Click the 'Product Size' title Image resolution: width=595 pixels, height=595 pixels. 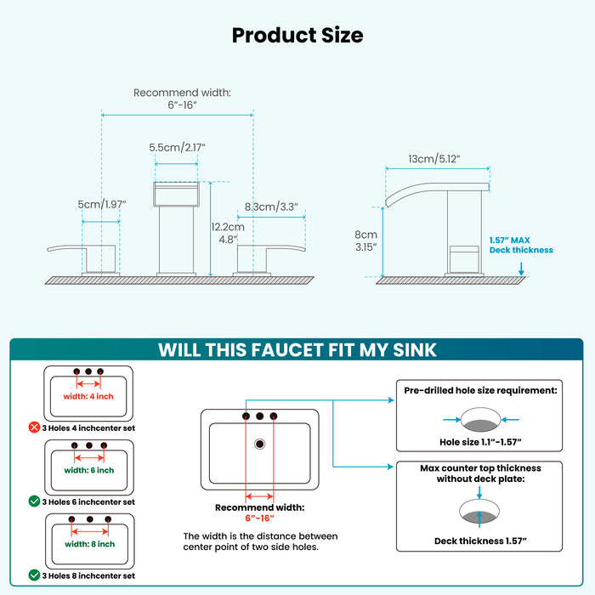pyautogui.click(x=297, y=35)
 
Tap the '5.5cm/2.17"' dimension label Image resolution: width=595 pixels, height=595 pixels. pyautogui.click(x=177, y=147)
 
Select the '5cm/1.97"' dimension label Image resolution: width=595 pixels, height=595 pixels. pyautogui.click(x=101, y=204)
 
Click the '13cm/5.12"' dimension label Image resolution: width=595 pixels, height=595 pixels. pyautogui.click(x=434, y=159)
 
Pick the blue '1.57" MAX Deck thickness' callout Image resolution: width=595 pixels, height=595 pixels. pyautogui.click(x=520, y=245)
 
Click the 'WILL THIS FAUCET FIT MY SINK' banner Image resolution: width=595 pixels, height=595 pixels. pyautogui.click(x=297, y=350)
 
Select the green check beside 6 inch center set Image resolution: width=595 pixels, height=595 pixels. pyautogui.click(x=35, y=501)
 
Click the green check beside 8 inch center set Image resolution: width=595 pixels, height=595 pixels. pyautogui.click(x=35, y=575)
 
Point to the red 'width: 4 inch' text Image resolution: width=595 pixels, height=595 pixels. pyautogui.click(x=88, y=397)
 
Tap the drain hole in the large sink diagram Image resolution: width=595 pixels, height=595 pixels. pyautogui.click(x=259, y=444)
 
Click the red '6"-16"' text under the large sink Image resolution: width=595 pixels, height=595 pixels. pyautogui.click(x=259, y=518)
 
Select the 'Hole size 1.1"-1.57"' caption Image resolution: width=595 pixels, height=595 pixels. pyautogui.click(x=481, y=441)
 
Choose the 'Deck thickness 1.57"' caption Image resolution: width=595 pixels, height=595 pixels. pyautogui.click(x=481, y=541)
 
